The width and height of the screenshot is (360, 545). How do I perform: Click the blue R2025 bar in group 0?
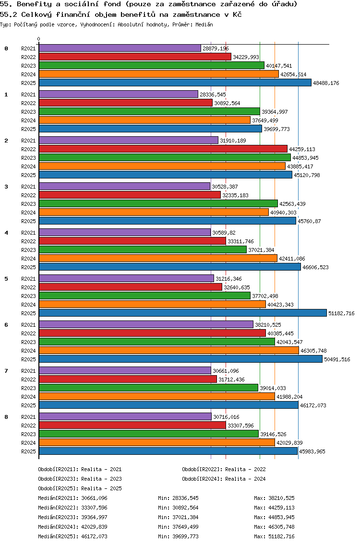(x=175, y=83)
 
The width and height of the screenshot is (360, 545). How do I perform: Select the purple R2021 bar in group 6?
(x=146, y=325)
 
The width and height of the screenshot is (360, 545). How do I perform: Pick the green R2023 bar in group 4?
(x=143, y=250)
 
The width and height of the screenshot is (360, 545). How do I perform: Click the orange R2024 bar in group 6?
(x=168, y=351)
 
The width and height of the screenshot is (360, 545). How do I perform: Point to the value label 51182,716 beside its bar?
(x=341, y=313)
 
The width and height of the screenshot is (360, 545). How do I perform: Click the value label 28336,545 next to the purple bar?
(x=213, y=95)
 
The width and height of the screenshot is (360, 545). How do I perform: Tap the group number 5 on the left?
(x=6, y=278)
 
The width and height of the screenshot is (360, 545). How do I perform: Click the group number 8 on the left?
(x=6, y=416)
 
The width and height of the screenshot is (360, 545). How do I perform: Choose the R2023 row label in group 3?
(x=28, y=204)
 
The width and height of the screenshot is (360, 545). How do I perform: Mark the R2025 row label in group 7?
(x=28, y=405)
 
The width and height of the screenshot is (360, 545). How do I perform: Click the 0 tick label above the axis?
(x=39, y=39)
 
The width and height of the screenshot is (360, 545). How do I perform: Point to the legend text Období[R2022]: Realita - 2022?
(x=224, y=469)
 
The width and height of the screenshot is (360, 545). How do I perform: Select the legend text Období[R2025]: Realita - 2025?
(x=80, y=488)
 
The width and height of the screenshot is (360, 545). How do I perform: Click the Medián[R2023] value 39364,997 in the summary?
(x=95, y=517)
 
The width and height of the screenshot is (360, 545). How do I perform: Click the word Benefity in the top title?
(x=32, y=4)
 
